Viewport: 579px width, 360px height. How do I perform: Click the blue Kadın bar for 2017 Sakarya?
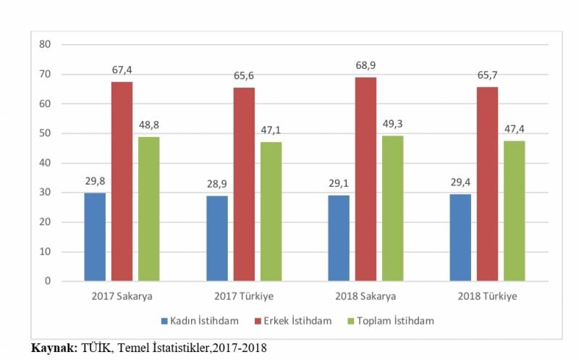(94, 237)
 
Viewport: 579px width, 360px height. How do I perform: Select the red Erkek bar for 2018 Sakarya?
(365, 179)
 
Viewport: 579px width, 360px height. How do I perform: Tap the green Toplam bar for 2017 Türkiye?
(271, 211)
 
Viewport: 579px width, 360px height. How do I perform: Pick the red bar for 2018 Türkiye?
(487, 184)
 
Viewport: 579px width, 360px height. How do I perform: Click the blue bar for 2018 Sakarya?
(338, 238)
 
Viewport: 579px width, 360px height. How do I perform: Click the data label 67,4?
(122, 70)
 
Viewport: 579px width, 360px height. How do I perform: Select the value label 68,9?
(365, 66)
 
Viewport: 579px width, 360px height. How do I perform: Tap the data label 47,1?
(271, 130)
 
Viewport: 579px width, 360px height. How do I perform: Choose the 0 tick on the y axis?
(48, 281)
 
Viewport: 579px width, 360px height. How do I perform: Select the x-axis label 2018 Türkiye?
(487, 297)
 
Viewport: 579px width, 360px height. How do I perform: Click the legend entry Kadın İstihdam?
(201, 320)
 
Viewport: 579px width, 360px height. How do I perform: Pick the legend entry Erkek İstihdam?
(297, 320)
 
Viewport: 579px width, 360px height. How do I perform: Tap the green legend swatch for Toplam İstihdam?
(352, 320)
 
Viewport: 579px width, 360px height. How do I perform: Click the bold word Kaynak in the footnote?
(53, 348)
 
